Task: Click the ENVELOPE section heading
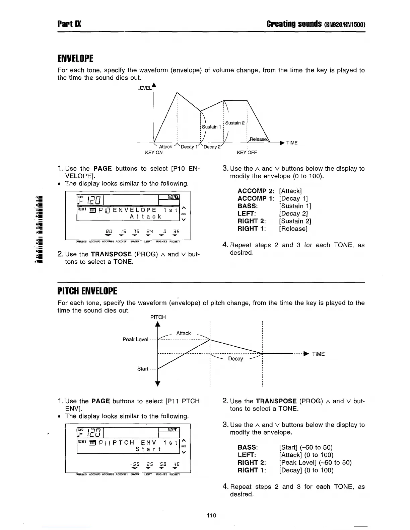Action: tap(75, 59)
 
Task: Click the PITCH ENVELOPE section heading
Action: tap(87, 291)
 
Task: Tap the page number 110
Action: tap(211, 515)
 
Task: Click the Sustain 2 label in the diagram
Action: tap(235, 123)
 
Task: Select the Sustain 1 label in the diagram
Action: tap(211, 127)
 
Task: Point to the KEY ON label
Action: tap(154, 153)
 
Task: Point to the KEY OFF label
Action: tap(247, 153)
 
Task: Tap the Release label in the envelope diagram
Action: tap(258, 139)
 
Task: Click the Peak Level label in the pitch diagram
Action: tap(135, 339)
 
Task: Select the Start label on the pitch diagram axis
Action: tap(143, 369)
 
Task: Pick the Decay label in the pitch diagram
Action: tap(235, 359)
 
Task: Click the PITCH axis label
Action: tap(158, 317)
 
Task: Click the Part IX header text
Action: tap(69, 24)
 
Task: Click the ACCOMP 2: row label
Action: tap(256, 191)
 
